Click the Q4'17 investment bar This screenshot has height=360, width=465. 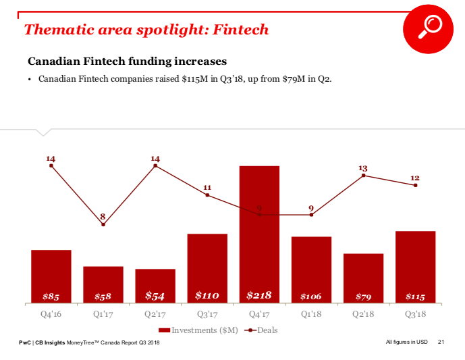[x=259, y=233]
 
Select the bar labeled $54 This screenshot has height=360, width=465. [x=155, y=286]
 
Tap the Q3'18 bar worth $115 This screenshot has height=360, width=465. [x=415, y=267]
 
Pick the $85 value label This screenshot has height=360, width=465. [x=51, y=297]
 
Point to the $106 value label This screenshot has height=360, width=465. [x=311, y=297]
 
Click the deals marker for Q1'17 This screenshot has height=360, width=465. [x=103, y=224]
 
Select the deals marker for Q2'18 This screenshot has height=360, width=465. [x=363, y=176]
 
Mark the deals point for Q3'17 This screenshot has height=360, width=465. [x=207, y=195]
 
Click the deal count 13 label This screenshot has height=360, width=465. [x=363, y=168]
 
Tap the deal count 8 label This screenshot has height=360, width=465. [x=103, y=216]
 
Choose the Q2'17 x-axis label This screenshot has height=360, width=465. [x=155, y=314]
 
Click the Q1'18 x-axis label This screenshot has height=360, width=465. [x=311, y=314]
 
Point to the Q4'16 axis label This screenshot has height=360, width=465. [x=51, y=314]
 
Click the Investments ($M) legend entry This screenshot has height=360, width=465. [x=198, y=330]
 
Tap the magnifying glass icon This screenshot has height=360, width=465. [x=429, y=27]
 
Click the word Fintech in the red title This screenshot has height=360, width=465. [x=240, y=30]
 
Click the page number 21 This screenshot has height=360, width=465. [x=441, y=344]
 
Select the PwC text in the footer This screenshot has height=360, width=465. [x=25, y=344]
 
